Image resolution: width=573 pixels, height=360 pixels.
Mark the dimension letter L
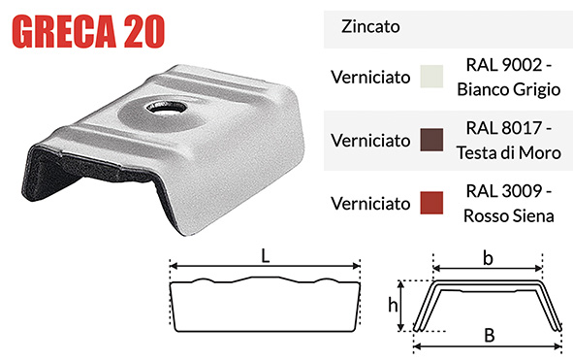[266, 256]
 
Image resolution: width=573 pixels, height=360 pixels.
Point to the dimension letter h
[394, 305]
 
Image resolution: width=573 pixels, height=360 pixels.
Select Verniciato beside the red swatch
[368, 203]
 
